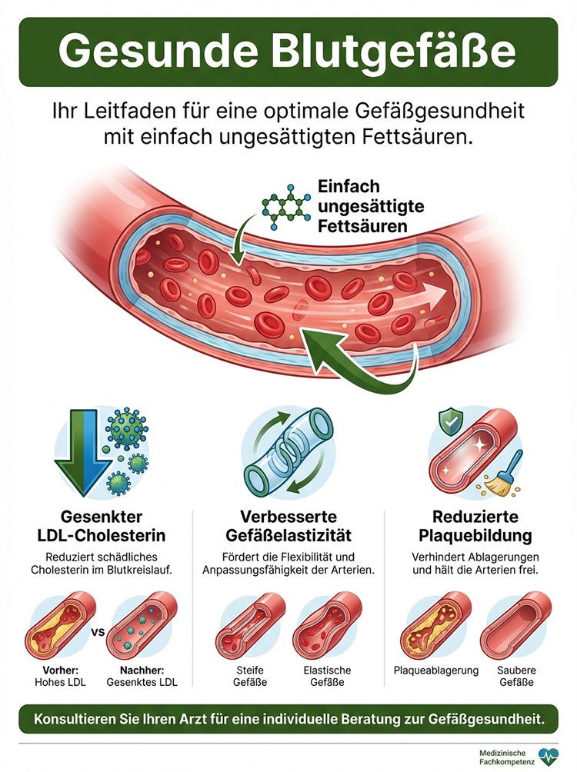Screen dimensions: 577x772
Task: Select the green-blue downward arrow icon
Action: point(82,451)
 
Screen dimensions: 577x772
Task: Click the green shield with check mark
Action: point(449,421)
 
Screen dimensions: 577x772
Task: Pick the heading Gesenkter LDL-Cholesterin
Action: point(101,525)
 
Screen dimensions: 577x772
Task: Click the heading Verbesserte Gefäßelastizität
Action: point(288,525)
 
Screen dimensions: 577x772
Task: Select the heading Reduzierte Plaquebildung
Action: point(475,525)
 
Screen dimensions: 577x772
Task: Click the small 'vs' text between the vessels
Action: point(98,632)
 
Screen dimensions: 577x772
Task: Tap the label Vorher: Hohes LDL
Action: point(60,676)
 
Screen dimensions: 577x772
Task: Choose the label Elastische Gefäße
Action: point(327,676)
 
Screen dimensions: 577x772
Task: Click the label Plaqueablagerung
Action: point(436,670)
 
